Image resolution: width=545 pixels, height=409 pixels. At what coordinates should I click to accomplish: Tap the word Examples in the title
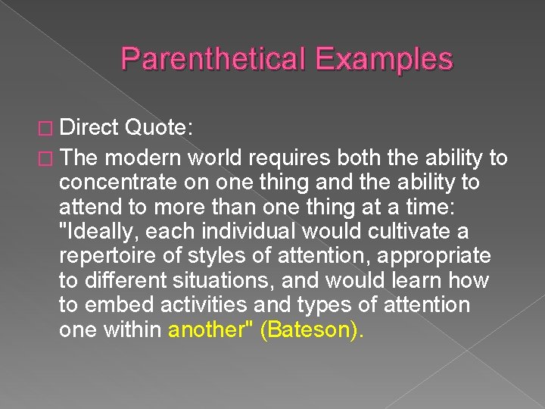click(x=384, y=60)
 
